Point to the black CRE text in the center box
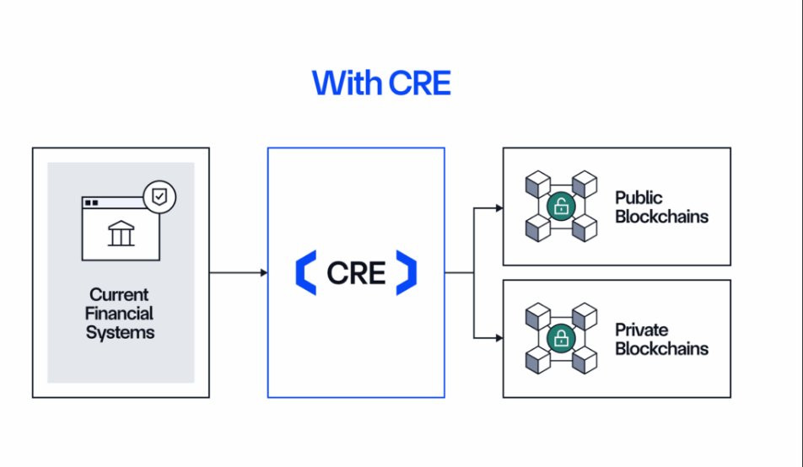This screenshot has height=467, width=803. (356, 273)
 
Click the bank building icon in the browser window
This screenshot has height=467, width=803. (121, 234)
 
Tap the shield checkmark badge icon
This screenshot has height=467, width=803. (159, 197)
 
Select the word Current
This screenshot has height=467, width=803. (120, 295)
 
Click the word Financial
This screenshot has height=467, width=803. (120, 314)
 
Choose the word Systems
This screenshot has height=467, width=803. (120, 332)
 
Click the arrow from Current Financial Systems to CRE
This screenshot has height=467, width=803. (238, 272)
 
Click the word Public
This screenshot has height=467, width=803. (639, 198)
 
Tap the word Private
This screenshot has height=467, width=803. (642, 330)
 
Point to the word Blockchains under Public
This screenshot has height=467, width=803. (661, 217)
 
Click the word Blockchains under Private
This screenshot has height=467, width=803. (661, 348)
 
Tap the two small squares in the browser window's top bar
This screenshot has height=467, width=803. (91, 203)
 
